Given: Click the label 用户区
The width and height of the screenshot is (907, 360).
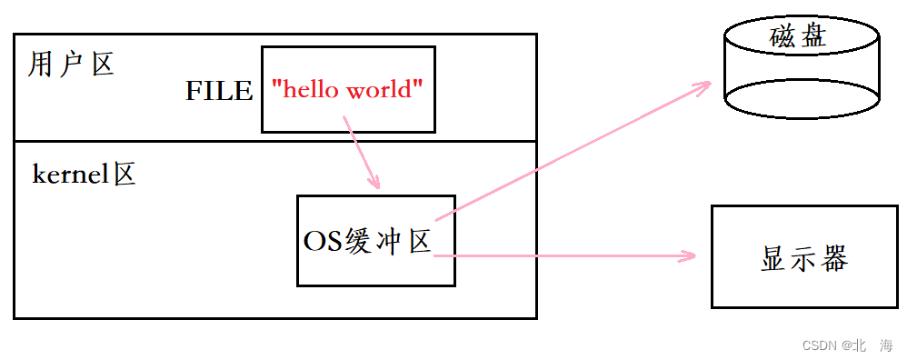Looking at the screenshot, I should pyautogui.click(x=71, y=65).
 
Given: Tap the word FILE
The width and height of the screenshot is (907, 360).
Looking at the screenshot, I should pyautogui.click(x=218, y=90).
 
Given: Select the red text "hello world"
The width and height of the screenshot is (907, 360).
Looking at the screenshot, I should pyautogui.click(x=348, y=89).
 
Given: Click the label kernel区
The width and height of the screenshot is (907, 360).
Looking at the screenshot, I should pyautogui.click(x=84, y=175).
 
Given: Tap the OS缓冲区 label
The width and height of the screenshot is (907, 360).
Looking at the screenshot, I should pyautogui.click(x=366, y=241).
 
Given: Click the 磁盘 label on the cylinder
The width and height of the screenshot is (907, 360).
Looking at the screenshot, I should pyautogui.click(x=802, y=36).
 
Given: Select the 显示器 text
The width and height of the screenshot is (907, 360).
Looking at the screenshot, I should pyautogui.click(x=803, y=258).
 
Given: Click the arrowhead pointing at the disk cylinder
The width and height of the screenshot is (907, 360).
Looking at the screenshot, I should pyautogui.click(x=705, y=85).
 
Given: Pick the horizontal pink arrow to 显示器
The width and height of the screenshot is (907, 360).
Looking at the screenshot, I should pyautogui.click(x=563, y=256).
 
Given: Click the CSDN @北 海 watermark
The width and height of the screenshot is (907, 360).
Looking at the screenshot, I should pyautogui.click(x=848, y=345).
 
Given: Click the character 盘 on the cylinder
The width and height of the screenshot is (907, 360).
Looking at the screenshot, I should pyautogui.click(x=818, y=36).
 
